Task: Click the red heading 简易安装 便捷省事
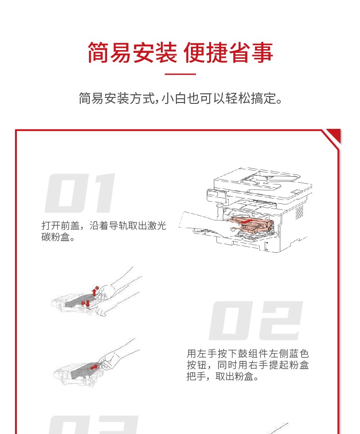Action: click(180, 52)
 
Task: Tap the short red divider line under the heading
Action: click(180, 74)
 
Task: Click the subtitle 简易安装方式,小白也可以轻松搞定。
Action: click(180, 98)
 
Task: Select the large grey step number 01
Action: click(80, 193)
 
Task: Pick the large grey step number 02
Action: click(256, 321)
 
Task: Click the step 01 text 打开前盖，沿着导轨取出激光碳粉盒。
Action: click(103, 231)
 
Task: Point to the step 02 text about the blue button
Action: click(247, 365)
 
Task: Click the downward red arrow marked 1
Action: click(88, 303)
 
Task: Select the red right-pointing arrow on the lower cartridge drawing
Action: click(94, 367)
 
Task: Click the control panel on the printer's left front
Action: click(216, 195)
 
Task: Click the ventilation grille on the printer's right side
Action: click(300, 212)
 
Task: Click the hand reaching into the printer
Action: click(206, 223)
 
